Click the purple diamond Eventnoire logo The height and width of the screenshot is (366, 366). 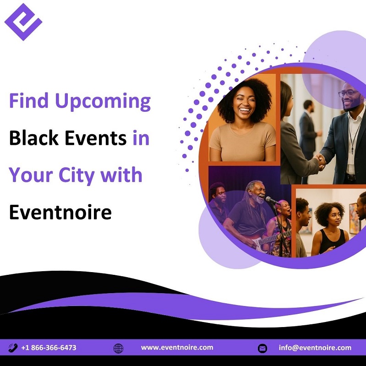[23, 22]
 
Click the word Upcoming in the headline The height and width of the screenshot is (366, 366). [103, 102]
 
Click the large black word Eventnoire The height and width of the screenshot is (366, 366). [60, 212]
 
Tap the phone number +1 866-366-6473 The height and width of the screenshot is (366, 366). [49, 348]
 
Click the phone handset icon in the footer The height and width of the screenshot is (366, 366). [13, 348]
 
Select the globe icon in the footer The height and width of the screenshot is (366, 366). [118, 348]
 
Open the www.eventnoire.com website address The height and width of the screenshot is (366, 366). [177, 347]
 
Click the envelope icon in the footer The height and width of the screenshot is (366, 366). [262, 348]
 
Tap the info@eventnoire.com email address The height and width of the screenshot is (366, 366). [315, 348]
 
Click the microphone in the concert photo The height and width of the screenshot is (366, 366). [273, 200]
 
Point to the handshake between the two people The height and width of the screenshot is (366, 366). [320, 161]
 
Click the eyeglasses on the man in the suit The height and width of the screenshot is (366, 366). [348, 93]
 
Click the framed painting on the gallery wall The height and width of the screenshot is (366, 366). [355, 219]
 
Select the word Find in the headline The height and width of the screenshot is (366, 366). [29, 100]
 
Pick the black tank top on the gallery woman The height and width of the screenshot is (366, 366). [332, 241]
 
